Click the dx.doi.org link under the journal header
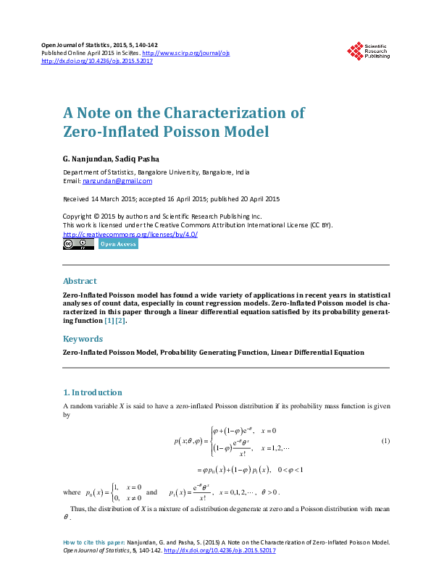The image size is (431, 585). (97, 61)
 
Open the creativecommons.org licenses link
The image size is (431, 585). (130, 234)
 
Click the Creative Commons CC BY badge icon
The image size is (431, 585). (78, 244)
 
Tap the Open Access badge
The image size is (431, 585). (117, 244)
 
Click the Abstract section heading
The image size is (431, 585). (80, 281)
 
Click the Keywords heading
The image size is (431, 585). (83, 338)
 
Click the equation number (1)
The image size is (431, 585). (386, 442)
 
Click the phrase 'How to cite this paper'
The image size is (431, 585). (94, 542)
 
